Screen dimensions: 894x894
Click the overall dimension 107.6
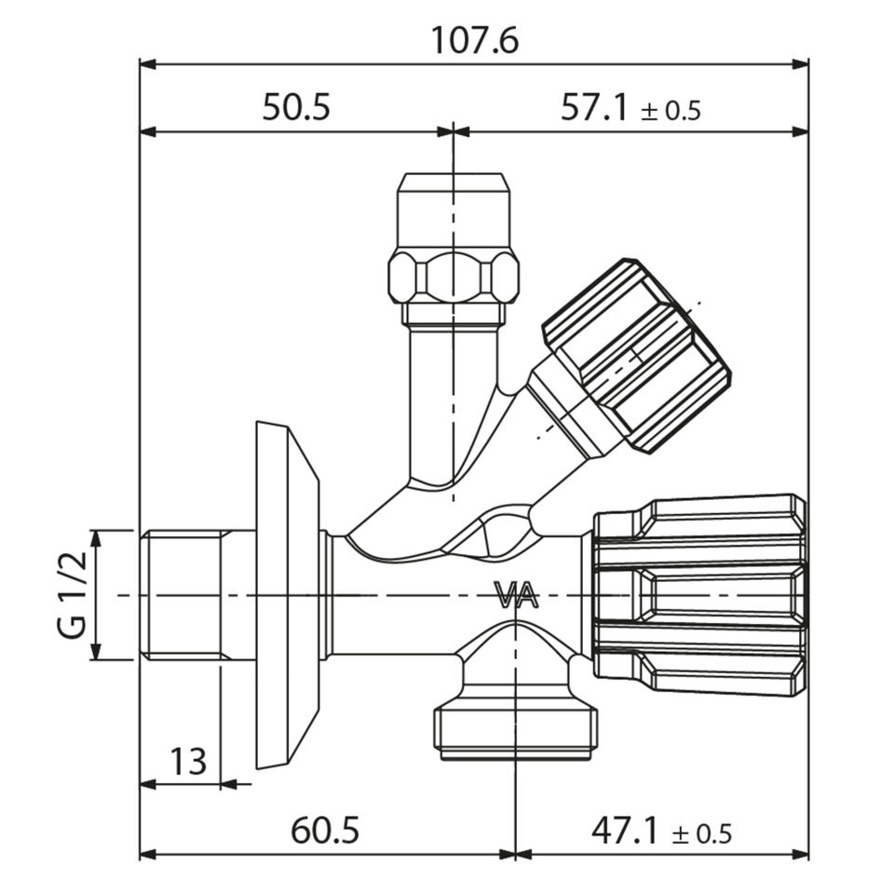coord(474,41)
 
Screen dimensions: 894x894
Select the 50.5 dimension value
coord(296,108)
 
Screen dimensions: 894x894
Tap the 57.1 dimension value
coord(595,108)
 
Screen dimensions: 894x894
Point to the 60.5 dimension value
coord(325,830)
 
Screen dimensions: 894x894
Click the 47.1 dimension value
coord(625,830)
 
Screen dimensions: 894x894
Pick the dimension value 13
coord(188,762)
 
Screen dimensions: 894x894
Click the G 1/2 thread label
coord(74,594)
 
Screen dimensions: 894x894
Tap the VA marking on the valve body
coord(516,596)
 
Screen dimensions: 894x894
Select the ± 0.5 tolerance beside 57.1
coord(670,112)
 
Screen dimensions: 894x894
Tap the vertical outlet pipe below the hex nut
coord(454,391)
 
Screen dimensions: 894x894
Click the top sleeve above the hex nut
coord(454,210)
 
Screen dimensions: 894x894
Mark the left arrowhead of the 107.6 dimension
coord(146,64)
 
